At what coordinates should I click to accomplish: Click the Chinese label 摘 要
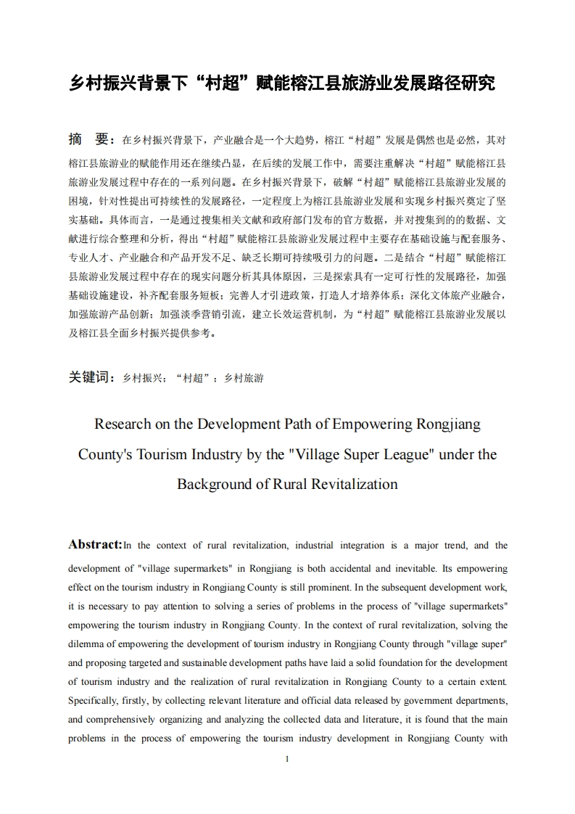[x=88, y=139]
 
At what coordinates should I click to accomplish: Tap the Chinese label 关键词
[x=91, y=377]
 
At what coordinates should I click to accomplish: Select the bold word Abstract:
[x=95, y=544]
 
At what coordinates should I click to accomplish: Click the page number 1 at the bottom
[x=288, y=759]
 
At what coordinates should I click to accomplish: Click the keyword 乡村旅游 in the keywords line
[x=244, y=378]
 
